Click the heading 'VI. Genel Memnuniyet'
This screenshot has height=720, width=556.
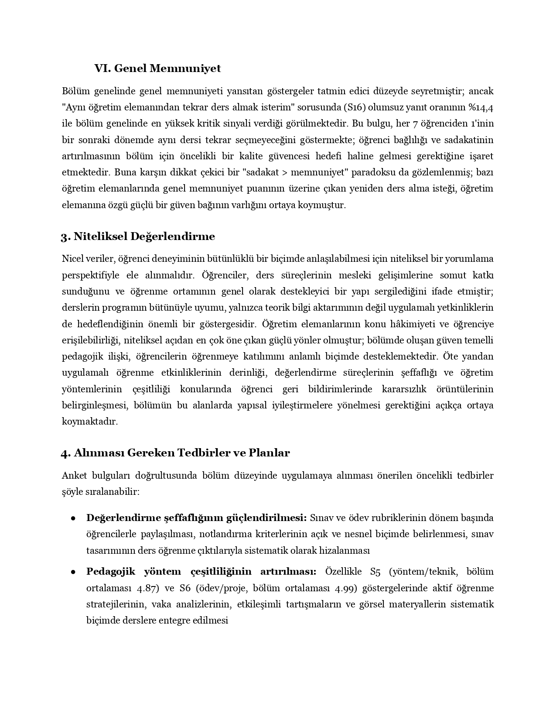click(157, 69)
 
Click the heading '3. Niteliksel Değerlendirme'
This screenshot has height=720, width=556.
click(138, 237)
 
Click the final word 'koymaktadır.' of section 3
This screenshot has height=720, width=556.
click(90, 422)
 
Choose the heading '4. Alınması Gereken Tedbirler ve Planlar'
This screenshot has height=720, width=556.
click(175, 453)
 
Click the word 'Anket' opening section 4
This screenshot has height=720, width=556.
click(74, 475)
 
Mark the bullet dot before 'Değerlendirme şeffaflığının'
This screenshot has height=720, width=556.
click(74, 518)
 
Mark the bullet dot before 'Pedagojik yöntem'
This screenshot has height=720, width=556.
click(74, 572)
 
